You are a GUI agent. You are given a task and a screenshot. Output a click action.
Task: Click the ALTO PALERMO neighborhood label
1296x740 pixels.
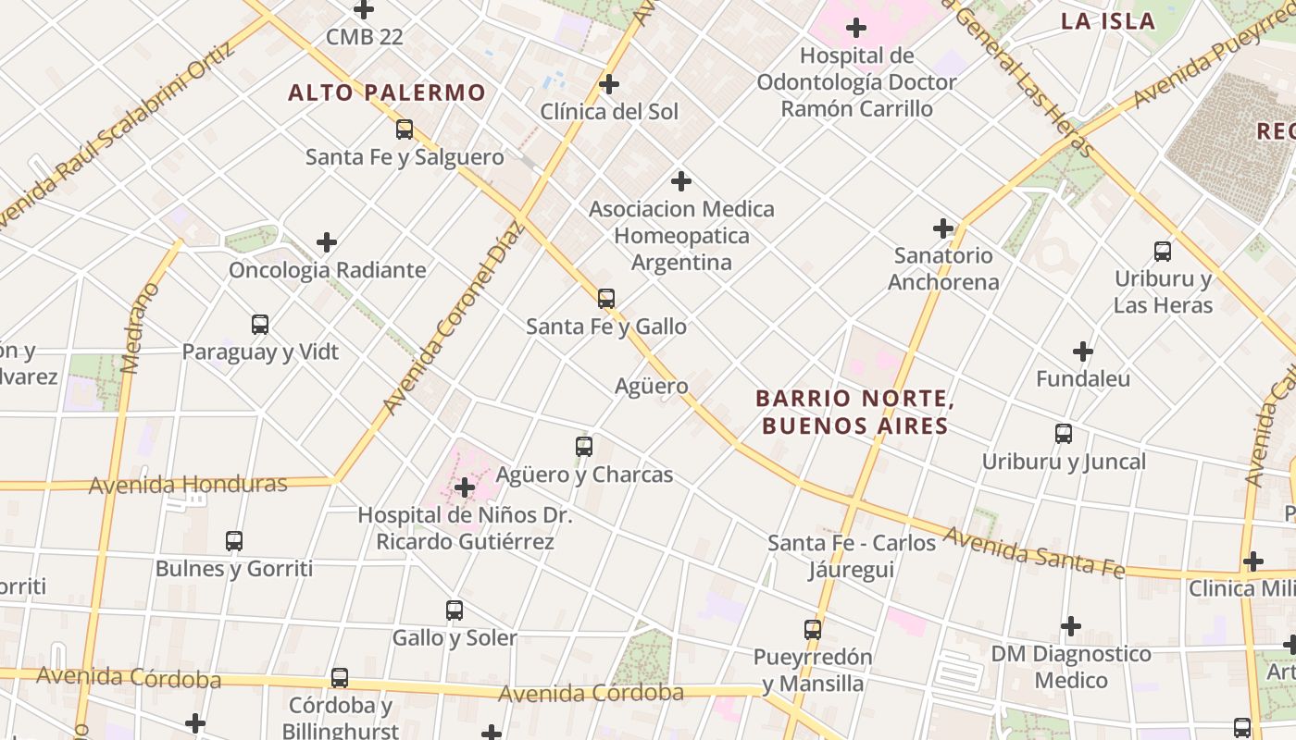coord(386,92)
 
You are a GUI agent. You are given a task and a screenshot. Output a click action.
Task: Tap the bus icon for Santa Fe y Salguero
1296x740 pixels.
coord(405,129)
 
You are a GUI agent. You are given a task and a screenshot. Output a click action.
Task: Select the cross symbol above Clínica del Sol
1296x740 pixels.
coord(609,84)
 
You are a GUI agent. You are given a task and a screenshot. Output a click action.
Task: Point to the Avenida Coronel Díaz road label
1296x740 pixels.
coord(453,319)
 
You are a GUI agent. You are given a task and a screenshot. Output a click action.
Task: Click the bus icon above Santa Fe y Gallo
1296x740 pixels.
coord(606,299)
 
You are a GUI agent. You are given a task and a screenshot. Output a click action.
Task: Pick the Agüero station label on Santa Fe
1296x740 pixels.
coord(652,386)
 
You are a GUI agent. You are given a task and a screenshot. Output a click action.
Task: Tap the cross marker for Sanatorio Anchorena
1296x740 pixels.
coord(943,228)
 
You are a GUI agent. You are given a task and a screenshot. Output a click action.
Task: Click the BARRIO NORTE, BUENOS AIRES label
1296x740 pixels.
coord(854,412)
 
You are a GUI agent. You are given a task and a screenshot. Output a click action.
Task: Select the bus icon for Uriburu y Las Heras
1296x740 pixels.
coord(1163,251)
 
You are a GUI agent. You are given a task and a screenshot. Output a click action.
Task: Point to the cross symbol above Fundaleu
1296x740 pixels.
coord(1083,351)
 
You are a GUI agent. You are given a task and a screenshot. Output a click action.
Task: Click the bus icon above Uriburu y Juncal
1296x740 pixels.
coord(1064,433)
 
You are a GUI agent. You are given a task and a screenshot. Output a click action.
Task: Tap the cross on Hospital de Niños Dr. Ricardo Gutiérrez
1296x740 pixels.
coord(465,487)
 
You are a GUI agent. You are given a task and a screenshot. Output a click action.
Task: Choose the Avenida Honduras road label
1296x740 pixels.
coord(188,484)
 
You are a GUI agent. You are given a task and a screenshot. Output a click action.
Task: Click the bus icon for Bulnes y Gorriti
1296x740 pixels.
coord(234,541)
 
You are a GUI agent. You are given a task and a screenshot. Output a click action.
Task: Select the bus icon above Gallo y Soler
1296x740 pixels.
coord(455,610)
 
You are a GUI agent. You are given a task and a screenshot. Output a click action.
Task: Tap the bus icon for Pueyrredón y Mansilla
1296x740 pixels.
coord(813,630)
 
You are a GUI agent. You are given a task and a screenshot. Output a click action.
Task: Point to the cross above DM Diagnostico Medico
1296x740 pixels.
coord(1071,626)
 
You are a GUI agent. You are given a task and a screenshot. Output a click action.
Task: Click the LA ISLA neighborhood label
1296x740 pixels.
coord(1108,21)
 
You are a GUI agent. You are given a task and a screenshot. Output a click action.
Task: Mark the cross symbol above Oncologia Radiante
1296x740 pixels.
coord(327,242)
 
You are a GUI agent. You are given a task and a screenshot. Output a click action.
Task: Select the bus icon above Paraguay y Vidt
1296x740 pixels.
coord(260,325)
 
